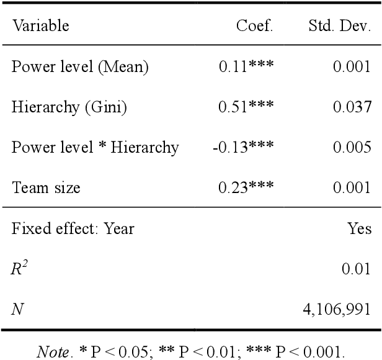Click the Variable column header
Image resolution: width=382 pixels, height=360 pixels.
tap(40, 27)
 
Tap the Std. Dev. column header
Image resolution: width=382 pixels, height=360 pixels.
tap(340, 27)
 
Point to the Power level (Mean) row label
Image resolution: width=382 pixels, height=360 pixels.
tap(80, 67)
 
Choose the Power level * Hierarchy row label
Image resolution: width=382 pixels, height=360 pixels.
tap(95, 148)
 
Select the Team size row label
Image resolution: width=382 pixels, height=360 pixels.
tap(46, 188)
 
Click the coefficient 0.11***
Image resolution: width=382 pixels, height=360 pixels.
tap(246, 67)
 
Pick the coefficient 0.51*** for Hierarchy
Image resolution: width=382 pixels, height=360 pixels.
tap(246, 107)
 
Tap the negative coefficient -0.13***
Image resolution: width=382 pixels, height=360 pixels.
tap(244, 148)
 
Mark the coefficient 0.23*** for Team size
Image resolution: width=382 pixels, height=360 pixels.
tap(246, 188)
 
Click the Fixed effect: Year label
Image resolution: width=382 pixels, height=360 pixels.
tap(73, 228)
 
